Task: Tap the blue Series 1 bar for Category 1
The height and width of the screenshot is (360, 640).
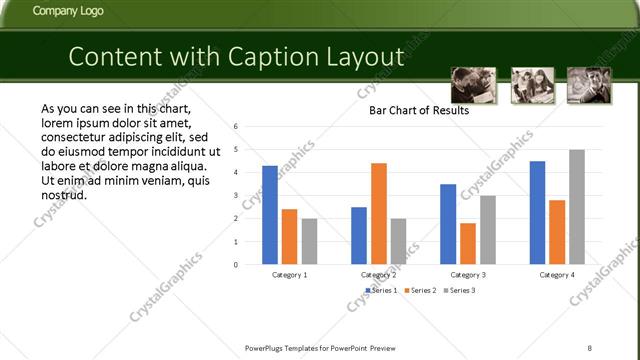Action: tap(270, 215)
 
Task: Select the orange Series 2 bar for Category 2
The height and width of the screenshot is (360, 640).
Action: tap(379, 213)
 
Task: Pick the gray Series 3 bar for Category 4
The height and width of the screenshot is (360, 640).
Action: tap(577, 207)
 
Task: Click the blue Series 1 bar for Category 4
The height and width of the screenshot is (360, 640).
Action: tap(537, 213)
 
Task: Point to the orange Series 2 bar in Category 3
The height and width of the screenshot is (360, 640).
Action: tap(468, 243)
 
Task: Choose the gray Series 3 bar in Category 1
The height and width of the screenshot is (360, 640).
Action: tap(309, 241)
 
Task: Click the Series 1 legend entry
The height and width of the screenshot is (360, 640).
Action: tap(380, 290)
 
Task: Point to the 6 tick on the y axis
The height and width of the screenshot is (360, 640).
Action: tap(235, 127)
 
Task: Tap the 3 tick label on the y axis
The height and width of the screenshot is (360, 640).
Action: tap(235, 196)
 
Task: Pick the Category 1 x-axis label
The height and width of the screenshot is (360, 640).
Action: tap(290, 274)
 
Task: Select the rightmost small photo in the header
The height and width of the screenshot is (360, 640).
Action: tap(589, 84)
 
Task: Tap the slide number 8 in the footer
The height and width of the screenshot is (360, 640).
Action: tap(589, 347)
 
